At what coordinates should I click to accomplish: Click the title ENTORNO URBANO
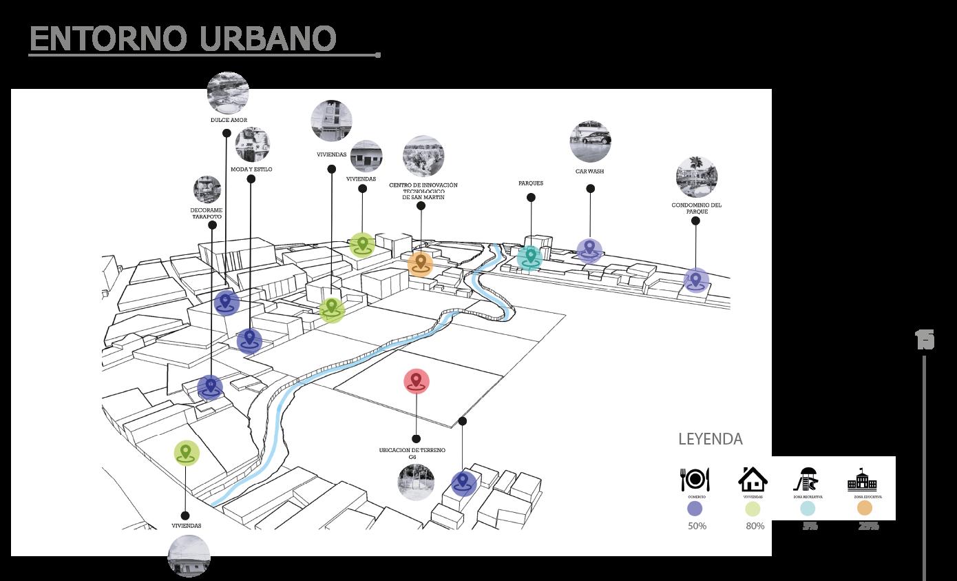pos(183,39)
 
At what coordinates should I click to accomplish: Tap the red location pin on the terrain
pos(416,381)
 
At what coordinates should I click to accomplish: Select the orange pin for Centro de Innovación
pos(420,263)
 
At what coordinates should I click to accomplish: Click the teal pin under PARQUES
pos(530,256)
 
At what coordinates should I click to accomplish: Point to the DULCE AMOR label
pos(229,120)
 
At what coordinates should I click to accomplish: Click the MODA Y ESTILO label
pos(251,169)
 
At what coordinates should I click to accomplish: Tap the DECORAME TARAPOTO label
pos(207,213)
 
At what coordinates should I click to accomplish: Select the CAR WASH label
pos(589,171)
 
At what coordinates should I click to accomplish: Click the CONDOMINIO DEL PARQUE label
pos(696,208)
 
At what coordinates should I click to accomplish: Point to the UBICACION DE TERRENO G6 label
pos(412,453)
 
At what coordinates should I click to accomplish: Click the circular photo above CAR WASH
pos(591,142)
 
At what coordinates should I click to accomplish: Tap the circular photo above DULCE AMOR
pos(228,92)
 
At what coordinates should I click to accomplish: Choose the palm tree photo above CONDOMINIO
pos(697,177)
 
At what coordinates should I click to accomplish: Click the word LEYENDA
pos(711,439)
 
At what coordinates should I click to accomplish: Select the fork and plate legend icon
pos(695,479)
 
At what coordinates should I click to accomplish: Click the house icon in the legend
pos(753,478)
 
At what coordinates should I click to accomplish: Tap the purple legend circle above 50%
pos(695,509)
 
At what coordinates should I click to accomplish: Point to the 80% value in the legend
pos(755,527)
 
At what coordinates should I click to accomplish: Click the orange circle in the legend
pos(865,508)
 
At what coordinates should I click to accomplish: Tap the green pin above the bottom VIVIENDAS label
pos(185,453)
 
